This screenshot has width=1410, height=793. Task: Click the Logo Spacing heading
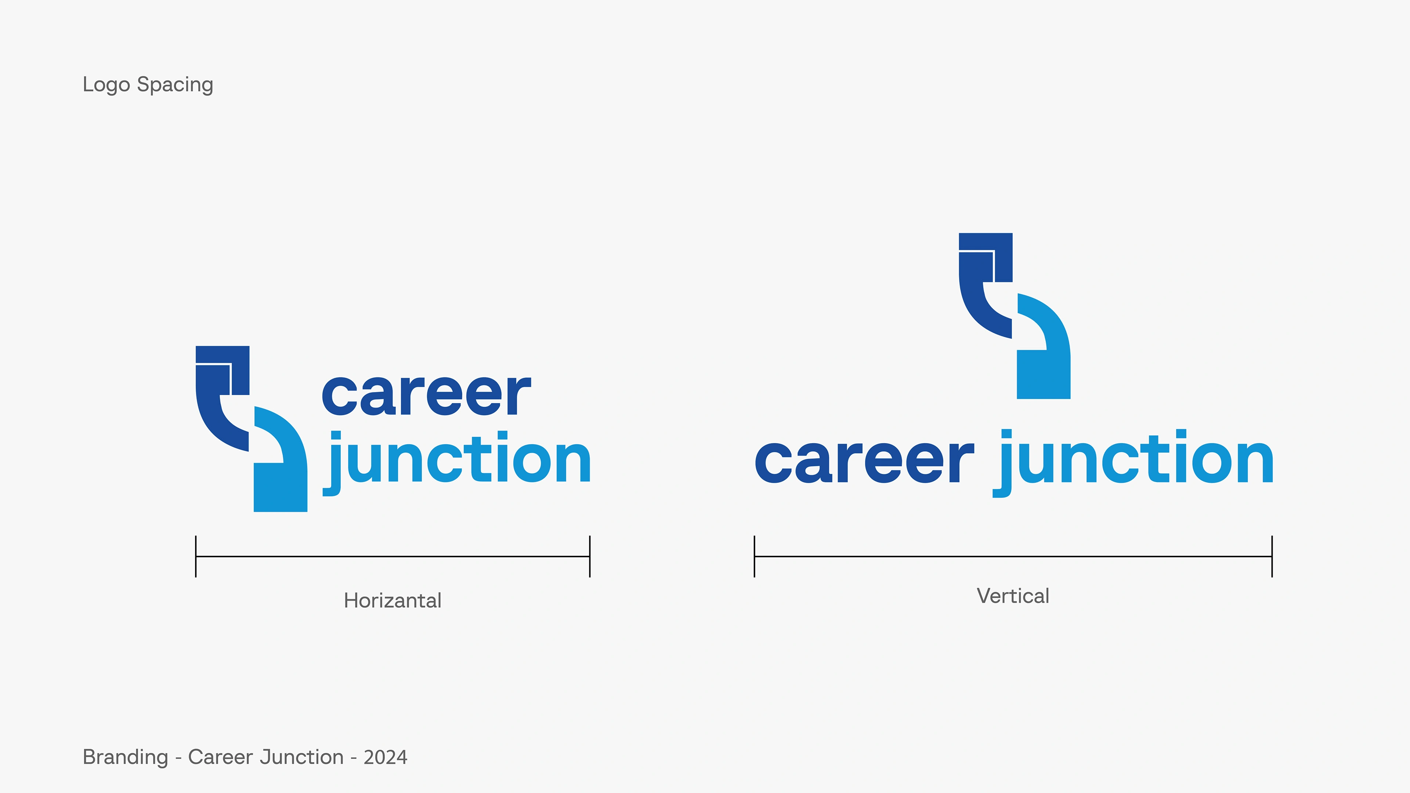148,85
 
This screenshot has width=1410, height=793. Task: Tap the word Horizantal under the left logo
393,600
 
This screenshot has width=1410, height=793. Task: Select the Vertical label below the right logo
1013,596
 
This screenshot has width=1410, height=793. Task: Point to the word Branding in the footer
125,757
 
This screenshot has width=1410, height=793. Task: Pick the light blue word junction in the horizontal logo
457,463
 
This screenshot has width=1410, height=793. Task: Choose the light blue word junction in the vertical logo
1134,463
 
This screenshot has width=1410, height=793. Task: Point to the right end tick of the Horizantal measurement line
589,557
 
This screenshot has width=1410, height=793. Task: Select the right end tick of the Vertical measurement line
1272,557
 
